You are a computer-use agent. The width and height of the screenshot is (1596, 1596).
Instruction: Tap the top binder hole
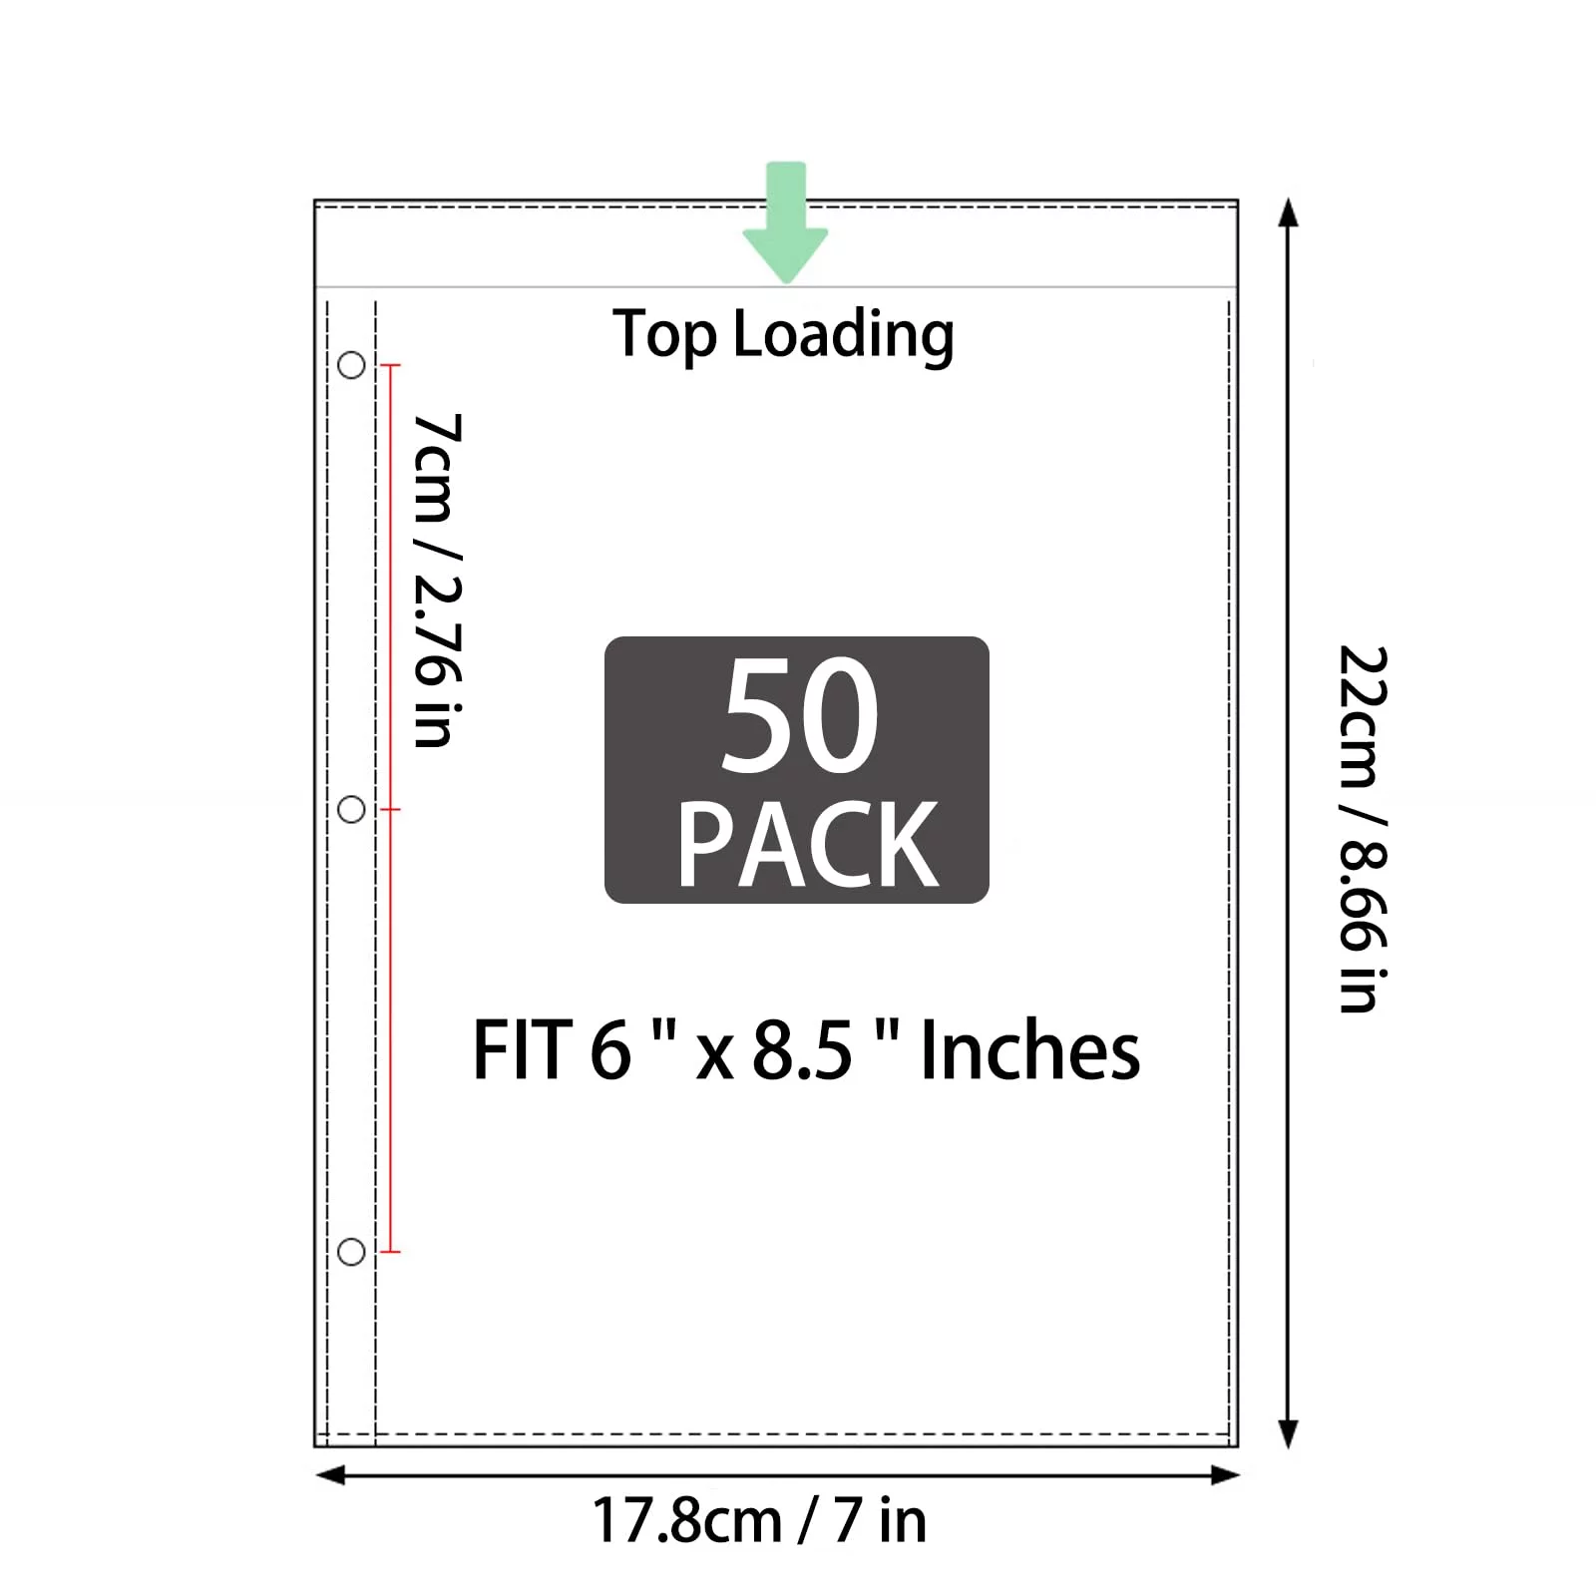pos(351,365)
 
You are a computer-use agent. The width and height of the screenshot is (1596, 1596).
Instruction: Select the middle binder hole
pos(351,809)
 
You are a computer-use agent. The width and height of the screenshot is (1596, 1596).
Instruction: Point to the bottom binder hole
pos(351,1252)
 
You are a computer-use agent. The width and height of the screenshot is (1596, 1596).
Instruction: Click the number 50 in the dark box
pos(800,715)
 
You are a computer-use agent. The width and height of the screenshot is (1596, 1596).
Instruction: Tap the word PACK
pos(808,844)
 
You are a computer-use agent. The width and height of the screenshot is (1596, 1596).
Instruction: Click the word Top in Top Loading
pos(664,335)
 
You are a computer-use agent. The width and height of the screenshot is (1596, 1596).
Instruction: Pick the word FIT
pos(523,1050)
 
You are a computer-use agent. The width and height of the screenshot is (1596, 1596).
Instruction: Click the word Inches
pos(1030,1050)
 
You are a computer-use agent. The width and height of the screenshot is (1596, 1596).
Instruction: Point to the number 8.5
pos(802,1051)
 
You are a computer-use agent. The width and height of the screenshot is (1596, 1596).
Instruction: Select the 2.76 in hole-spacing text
pos(438,659)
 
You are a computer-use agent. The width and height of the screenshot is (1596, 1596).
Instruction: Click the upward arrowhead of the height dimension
pos(1289,212)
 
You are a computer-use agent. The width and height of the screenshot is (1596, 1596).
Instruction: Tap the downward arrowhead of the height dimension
pos(1289,1434)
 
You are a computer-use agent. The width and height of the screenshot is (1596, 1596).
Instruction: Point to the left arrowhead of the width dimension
pos(330,1475)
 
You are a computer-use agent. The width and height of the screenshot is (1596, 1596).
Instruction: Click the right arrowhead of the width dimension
pos(1224,1475)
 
